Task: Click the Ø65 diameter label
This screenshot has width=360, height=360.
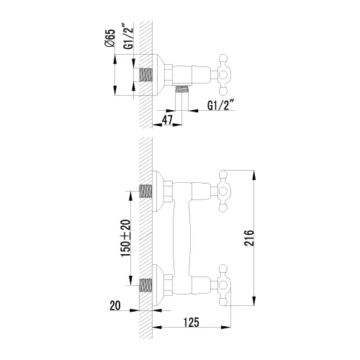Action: tap(109, 38)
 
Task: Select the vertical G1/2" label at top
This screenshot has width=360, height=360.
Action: tap(128, 36)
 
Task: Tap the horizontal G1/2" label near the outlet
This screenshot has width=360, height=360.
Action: tap(220, 105)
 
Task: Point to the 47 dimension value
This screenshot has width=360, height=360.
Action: tap(168, 120)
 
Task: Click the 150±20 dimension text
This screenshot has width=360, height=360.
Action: tap(126, 238)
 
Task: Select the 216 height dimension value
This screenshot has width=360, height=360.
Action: tap(248, 238)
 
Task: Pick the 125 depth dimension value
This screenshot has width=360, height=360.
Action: tap(192, 322)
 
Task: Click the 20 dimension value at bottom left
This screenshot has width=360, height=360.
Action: tap(115, 305)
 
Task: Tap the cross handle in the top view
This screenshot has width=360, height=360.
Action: tap(222, 74)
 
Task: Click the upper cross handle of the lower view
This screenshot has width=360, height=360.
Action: tap(222, 191)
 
